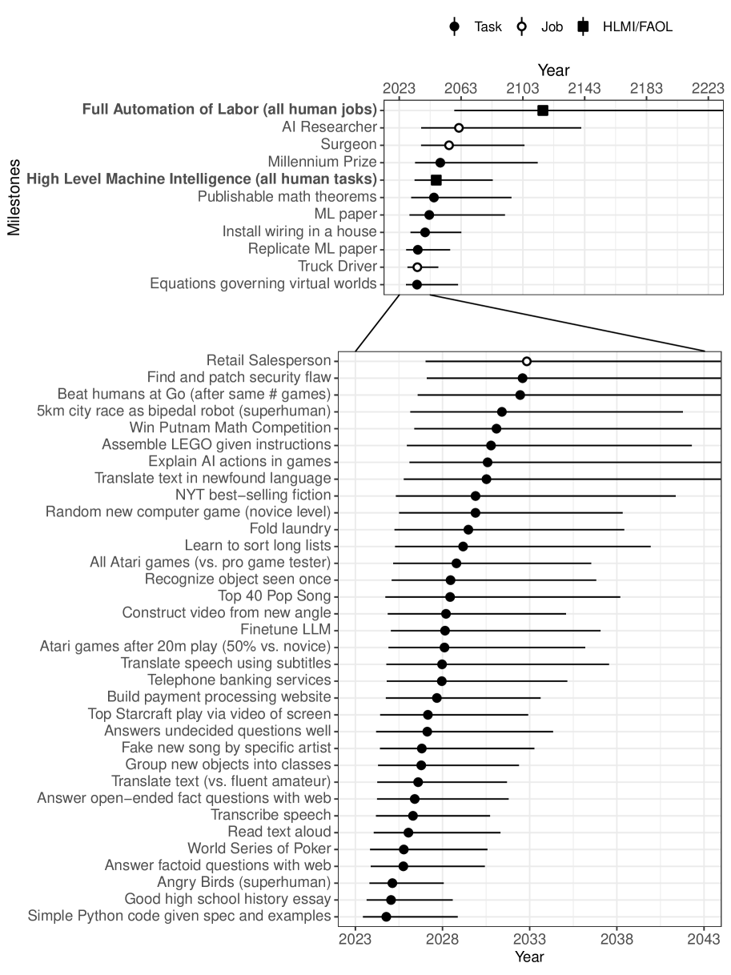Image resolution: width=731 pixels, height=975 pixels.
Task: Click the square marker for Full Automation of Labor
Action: [542, 110]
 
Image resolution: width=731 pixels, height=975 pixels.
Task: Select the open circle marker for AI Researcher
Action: [459, 127]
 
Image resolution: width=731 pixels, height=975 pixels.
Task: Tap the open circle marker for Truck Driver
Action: [417, 267]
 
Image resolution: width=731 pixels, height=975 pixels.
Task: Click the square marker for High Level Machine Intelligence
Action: [436, 180]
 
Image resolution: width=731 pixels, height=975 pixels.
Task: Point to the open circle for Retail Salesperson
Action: [526, 361]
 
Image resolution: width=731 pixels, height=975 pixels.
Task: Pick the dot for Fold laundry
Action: [468, 529]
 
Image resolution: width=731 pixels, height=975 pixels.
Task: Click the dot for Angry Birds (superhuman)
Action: [392, 883]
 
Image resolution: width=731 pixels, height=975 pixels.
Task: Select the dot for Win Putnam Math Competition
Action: [496, 428]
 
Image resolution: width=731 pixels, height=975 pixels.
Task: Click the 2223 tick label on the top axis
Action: [708, 89]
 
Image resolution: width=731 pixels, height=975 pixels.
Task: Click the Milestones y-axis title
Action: [14, 197]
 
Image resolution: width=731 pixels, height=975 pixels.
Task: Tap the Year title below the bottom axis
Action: [529, 957]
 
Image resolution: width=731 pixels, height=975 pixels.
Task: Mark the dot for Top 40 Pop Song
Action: [450, 596]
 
